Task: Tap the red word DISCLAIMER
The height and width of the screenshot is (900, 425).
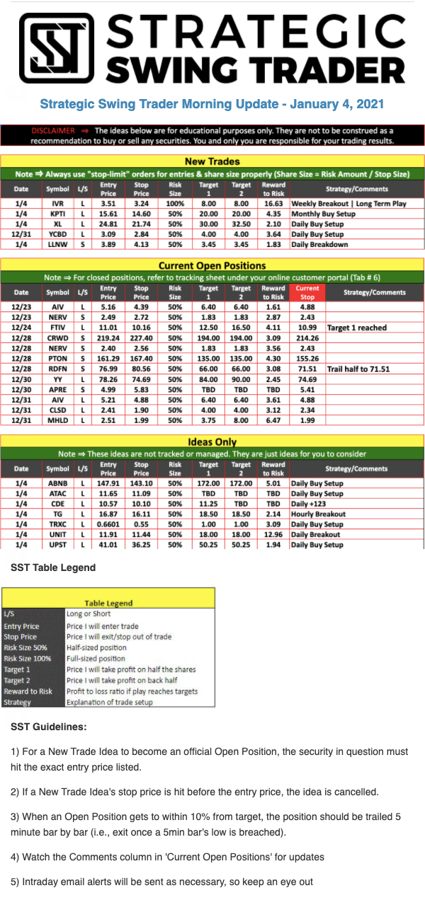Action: pos(53,131)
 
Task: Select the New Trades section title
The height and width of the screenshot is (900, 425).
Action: pos(212,161)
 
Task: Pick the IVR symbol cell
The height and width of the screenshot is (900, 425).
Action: pos(58,204)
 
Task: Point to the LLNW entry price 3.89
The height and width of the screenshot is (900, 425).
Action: pos(108,244)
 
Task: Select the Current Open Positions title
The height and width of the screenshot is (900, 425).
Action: pos(212,265)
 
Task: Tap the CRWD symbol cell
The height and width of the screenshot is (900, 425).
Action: pos(58,340)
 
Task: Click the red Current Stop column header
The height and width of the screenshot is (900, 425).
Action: pos(307,292)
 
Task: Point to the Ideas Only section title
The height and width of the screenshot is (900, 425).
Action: pos(212,442)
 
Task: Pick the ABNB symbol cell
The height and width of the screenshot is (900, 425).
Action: pos(58,484)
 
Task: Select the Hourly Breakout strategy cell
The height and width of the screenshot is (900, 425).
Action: pos(318,514)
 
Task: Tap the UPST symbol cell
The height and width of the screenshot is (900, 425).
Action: pos(58,544)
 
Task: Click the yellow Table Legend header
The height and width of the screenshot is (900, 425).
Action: pos(108,603)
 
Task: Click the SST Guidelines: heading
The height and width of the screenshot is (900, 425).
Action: pos(49,727)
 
